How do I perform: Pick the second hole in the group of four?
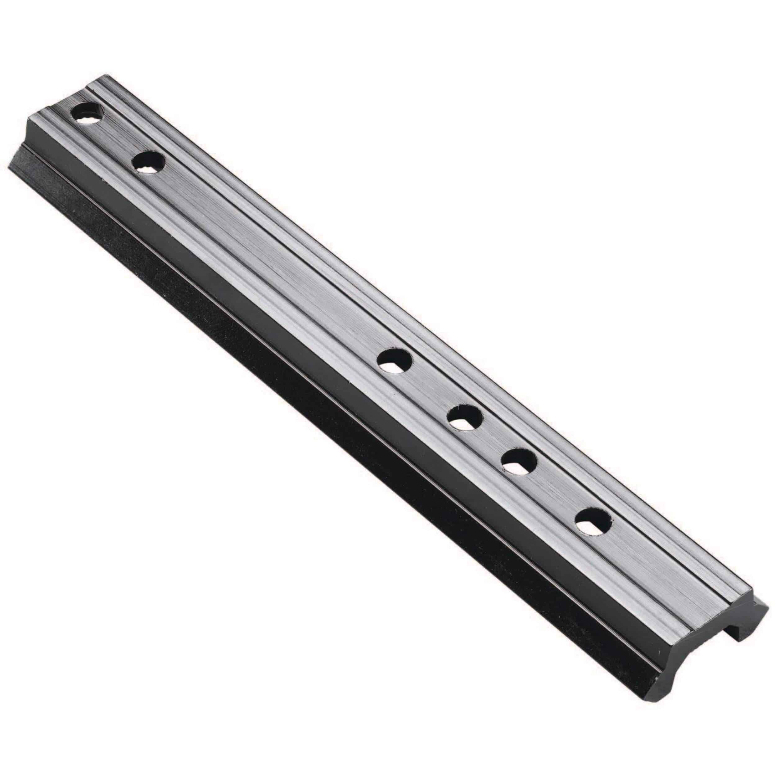(x=465, y=418)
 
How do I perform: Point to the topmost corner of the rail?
(x=105, y=75)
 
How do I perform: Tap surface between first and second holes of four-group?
(x=430, y=390)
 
